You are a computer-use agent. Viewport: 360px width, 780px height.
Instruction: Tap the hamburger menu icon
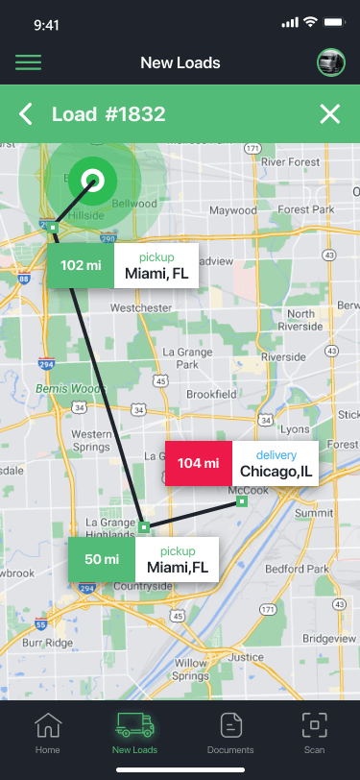click(x=28, y=63)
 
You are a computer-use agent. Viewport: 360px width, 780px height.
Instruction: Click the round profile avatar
click(x=330, y=63)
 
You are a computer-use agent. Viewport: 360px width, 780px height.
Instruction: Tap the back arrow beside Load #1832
click(x=27, y=115)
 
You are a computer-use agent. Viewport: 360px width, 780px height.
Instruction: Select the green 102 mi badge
click(x=81, y=265)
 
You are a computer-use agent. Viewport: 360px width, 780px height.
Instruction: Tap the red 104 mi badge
click(x=199, y=463)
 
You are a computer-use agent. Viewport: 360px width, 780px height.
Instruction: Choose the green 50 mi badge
click(x=102, y=559)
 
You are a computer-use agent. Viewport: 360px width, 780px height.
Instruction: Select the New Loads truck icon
click(x=134, y=725)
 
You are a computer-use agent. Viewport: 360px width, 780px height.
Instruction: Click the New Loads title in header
click(x=180, y=63)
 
